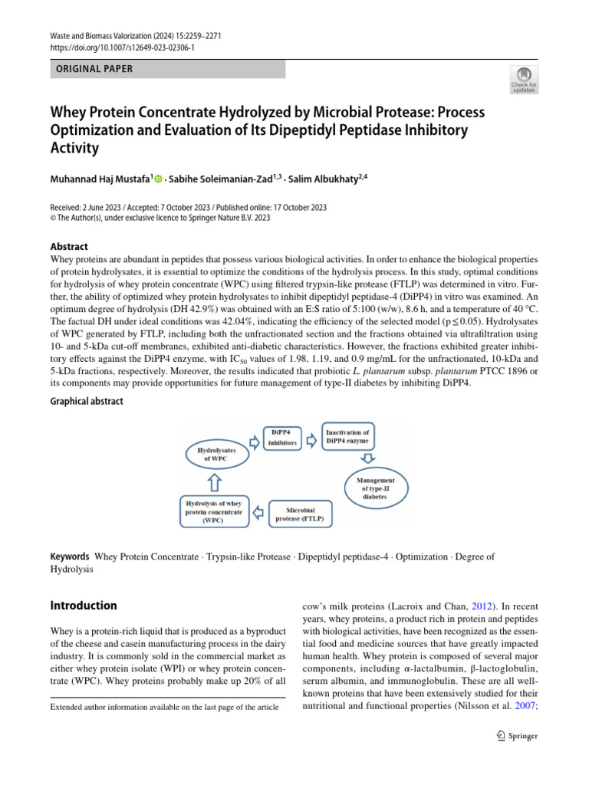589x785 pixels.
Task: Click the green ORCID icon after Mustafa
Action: tap(159, 179)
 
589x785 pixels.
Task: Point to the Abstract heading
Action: tap(69, 247)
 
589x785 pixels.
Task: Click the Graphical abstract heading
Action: tap(86, 401)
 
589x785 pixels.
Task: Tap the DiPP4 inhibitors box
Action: tap(282, 438)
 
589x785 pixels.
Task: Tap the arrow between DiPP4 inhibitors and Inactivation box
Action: tap(311, 441)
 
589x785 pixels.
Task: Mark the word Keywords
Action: tap(69, 557)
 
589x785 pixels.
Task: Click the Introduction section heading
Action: tap(84, 605)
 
